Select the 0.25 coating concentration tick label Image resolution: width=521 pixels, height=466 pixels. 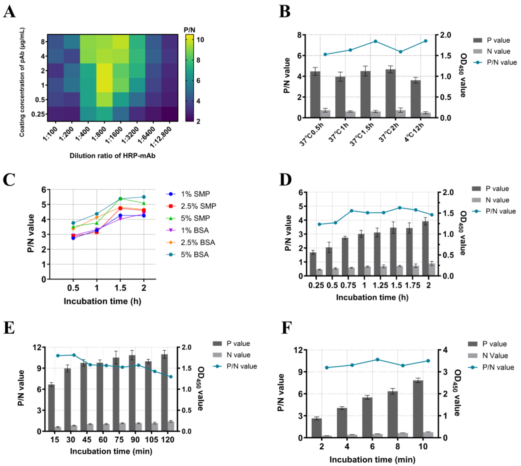click(x=38, y=114)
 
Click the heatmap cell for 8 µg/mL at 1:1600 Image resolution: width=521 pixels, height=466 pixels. click(x=121, y=41)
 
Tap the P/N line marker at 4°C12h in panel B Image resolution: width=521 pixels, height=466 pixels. click(x=426, y=41)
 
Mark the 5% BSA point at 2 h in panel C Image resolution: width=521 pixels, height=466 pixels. click(x=144, y=197)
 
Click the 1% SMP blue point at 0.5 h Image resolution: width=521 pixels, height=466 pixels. click(x=73, y=238)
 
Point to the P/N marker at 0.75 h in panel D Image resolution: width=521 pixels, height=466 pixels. click(x=352, y=211)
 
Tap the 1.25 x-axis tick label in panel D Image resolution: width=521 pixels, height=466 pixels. click(x=380, y=285)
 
